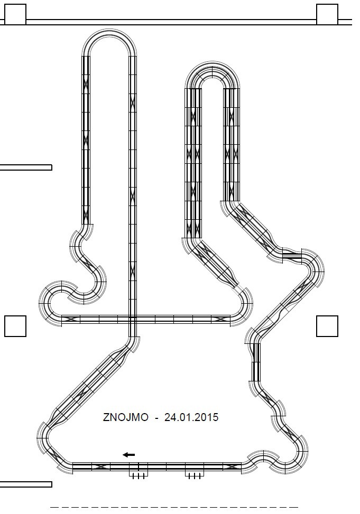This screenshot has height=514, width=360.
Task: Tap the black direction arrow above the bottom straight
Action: coord(128,454)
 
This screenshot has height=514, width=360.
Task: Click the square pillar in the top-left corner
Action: coord(15,14)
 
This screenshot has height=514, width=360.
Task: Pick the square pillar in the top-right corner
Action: coord(327,14)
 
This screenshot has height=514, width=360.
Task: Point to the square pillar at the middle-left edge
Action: coord(15,326)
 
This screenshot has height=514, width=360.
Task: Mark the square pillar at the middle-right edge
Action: coord(327,326)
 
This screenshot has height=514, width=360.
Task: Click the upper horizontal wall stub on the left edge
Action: coord(25,167)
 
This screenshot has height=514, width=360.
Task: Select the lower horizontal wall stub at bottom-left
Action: coord(25,484)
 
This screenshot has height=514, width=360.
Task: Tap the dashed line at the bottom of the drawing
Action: coord(174,507)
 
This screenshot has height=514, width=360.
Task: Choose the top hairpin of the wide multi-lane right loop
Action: coord(212,74)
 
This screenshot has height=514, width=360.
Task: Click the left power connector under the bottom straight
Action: coord(139,474)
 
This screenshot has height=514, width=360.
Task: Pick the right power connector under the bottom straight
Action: coord(194,474)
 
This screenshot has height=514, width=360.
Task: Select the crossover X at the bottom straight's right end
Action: coord(231,466)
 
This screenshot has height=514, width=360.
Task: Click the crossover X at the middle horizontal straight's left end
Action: coord(71,319)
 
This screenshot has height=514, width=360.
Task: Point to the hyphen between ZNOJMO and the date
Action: coord(156,418)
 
